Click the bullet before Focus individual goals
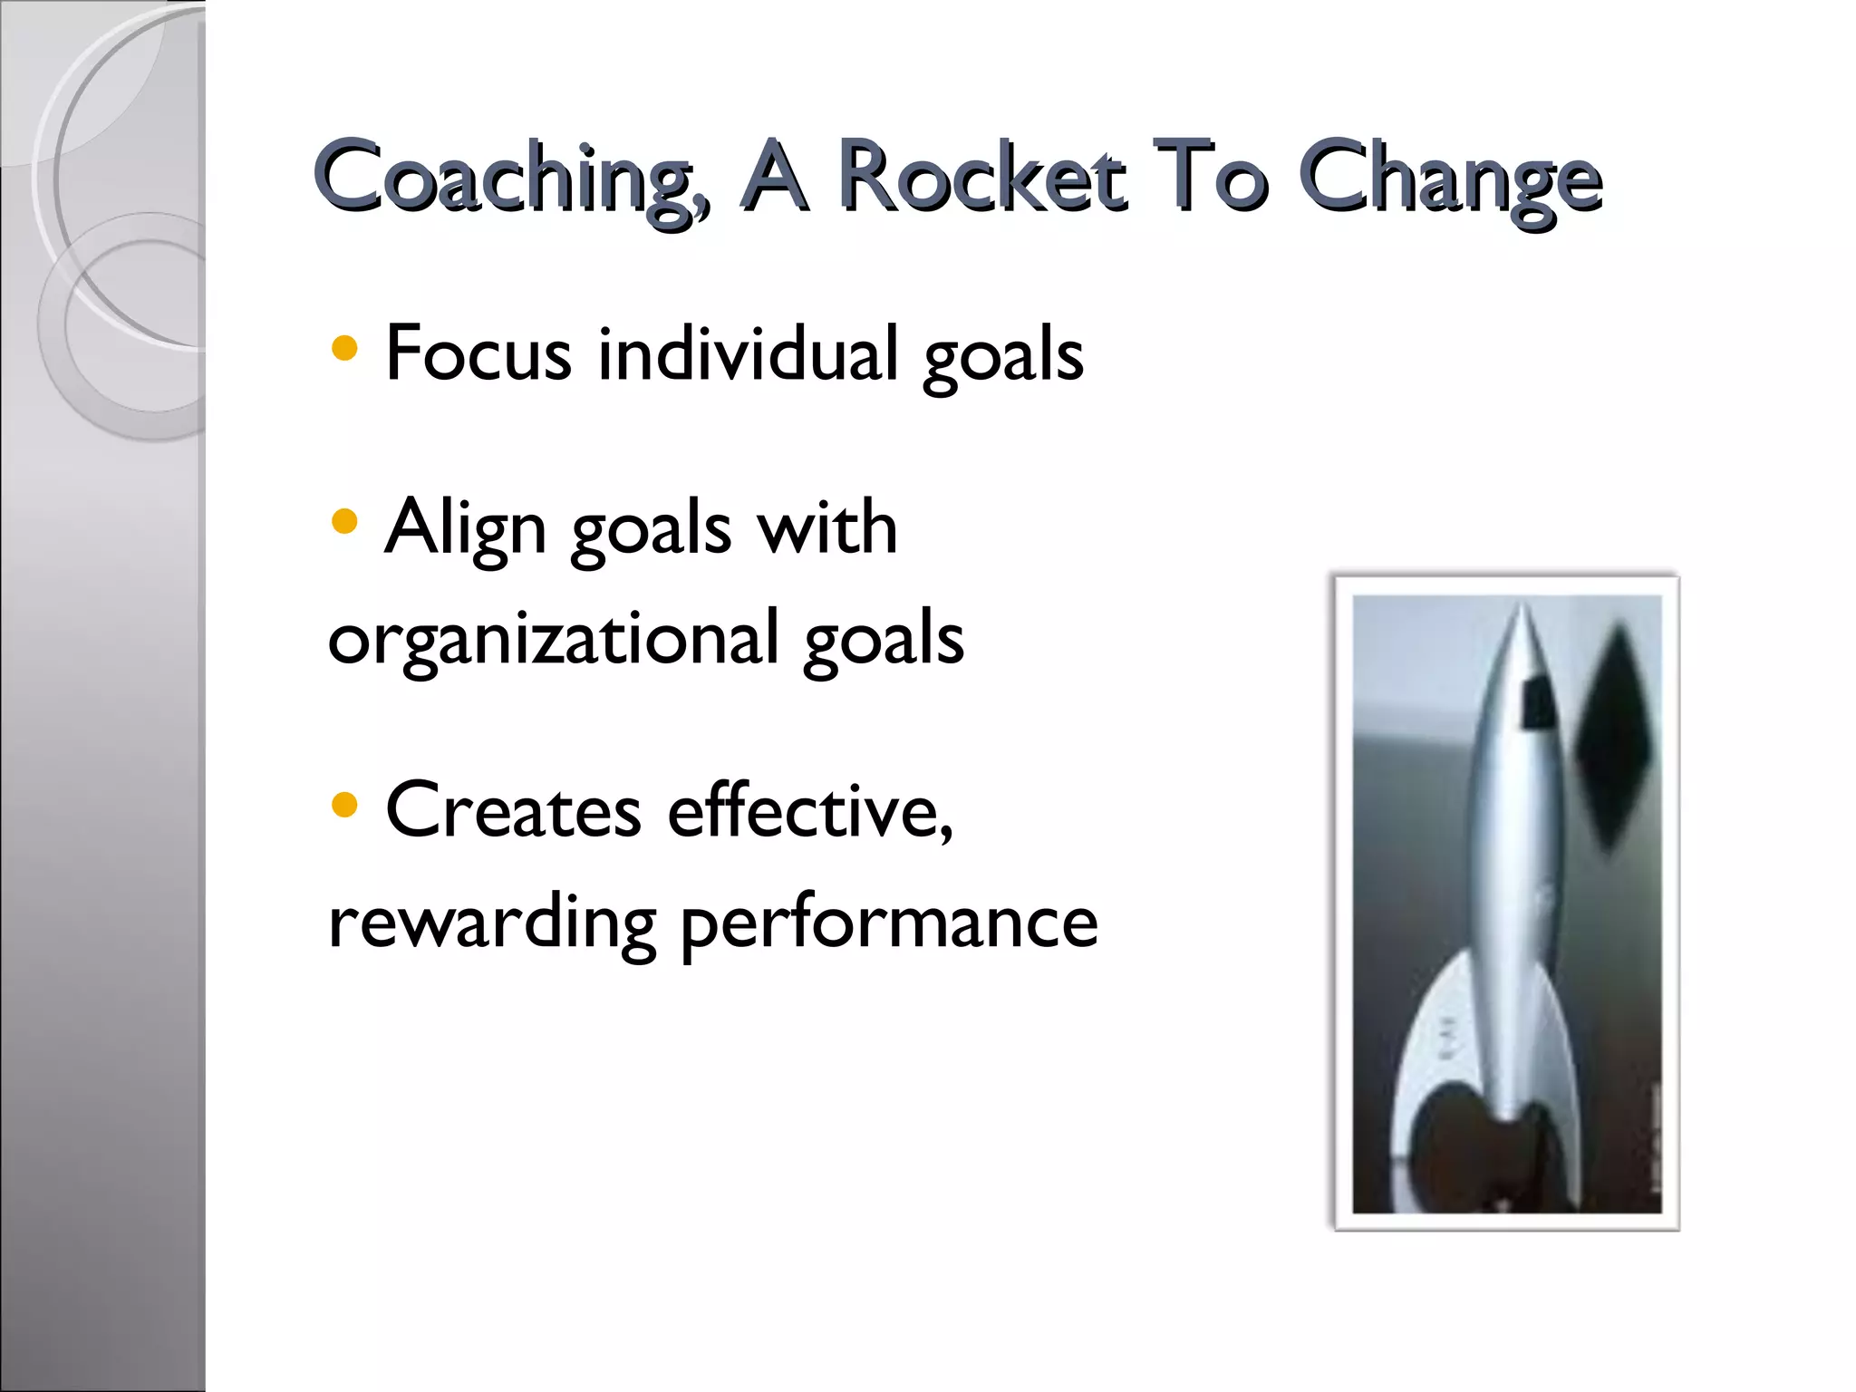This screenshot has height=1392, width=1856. [344, 349]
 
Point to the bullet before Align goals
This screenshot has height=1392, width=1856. [344, 522]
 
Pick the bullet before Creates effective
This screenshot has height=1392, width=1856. [344, 805]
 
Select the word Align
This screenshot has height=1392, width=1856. [465, 528]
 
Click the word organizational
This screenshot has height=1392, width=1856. [553, 640]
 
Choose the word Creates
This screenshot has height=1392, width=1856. [513, 810]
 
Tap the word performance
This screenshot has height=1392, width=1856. [888, 924]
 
